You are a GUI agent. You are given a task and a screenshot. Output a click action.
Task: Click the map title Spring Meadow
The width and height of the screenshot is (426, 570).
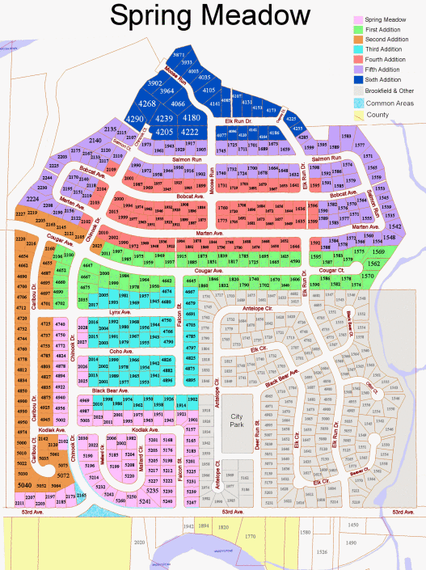pyautogui.click(x=209, y=15)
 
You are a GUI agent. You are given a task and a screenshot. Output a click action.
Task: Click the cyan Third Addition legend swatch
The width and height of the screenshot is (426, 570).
pyautogui.click(x=358, y=49)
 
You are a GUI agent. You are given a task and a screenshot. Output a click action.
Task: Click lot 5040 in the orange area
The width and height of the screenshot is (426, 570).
pyautogui.click(x=25, y=484)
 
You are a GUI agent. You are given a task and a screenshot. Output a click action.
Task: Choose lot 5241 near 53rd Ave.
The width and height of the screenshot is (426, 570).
pyautogui.click(x=145, y=500)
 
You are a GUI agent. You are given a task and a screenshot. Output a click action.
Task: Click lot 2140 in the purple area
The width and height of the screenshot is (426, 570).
pyautogui.click(x=95, y=141)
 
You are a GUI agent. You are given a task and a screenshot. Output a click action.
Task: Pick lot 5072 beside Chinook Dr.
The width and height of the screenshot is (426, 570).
pyautogui.click(x=62, y=475)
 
